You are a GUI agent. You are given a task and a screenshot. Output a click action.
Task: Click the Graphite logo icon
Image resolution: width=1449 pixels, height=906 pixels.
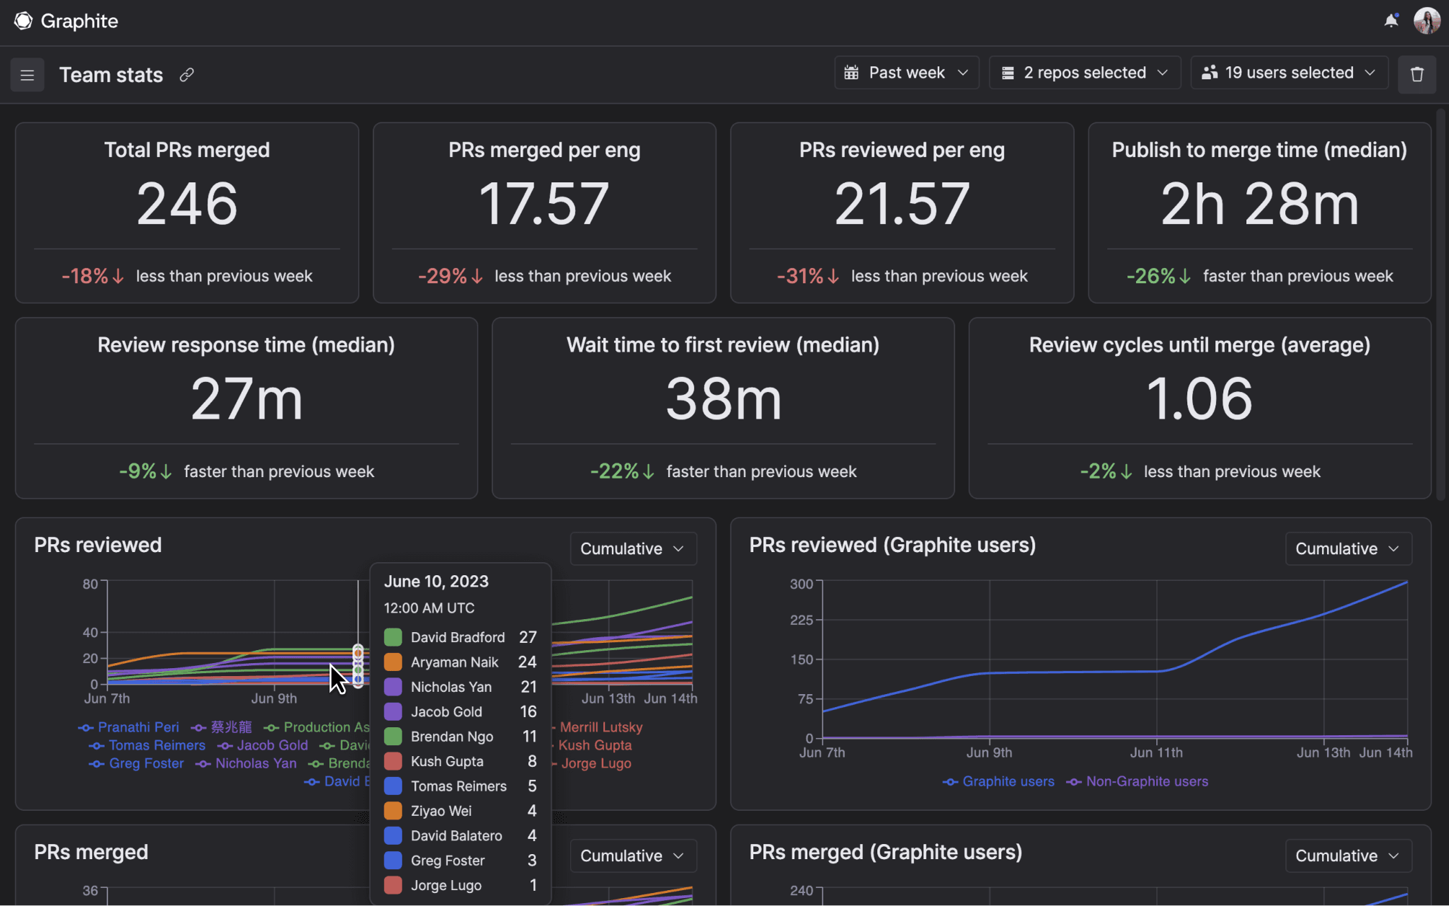point(23,21)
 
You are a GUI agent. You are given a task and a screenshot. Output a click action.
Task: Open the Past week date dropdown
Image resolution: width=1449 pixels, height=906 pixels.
point(906,73)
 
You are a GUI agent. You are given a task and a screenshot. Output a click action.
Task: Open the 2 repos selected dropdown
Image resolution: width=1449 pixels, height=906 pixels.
point(1084,73)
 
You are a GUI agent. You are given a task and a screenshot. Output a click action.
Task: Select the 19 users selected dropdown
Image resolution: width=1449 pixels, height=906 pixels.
point(1289,73)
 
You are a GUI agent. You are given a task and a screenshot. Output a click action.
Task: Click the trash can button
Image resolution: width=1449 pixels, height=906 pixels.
point(1417,74)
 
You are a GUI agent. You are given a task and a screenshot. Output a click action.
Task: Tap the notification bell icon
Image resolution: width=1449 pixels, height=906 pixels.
point(1391,21)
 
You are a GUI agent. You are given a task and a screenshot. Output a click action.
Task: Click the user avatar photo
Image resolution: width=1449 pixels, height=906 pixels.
point(1427,21)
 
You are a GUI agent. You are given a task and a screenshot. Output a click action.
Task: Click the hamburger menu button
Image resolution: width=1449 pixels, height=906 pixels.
point(27,75)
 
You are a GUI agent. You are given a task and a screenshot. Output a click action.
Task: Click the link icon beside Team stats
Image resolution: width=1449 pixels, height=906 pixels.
point(187,75)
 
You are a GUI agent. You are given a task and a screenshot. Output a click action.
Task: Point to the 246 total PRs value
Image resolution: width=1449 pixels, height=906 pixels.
point(187,204)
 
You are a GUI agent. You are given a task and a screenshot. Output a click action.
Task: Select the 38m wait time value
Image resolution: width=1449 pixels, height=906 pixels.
point(723,399)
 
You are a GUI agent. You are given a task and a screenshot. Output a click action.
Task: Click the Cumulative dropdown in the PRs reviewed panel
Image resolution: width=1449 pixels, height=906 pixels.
point(632,549)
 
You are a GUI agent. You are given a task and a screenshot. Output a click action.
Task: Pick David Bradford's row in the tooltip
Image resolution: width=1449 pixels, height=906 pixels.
point(458,637)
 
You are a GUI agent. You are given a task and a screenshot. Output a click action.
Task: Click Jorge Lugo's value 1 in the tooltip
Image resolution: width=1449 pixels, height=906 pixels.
point(533,885)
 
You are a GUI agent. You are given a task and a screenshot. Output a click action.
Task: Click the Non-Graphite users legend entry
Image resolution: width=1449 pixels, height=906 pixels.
point(1146,781)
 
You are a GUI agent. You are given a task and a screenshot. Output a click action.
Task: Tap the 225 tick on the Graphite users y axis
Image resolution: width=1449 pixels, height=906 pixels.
point(801,620)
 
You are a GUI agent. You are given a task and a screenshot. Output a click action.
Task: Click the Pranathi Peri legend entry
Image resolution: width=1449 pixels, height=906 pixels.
point(138,727)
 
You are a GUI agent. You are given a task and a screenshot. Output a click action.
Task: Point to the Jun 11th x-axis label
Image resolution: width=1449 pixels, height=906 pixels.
point(1156,752)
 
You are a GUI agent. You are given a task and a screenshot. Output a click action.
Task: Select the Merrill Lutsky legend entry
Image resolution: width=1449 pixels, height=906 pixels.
point(601,727)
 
